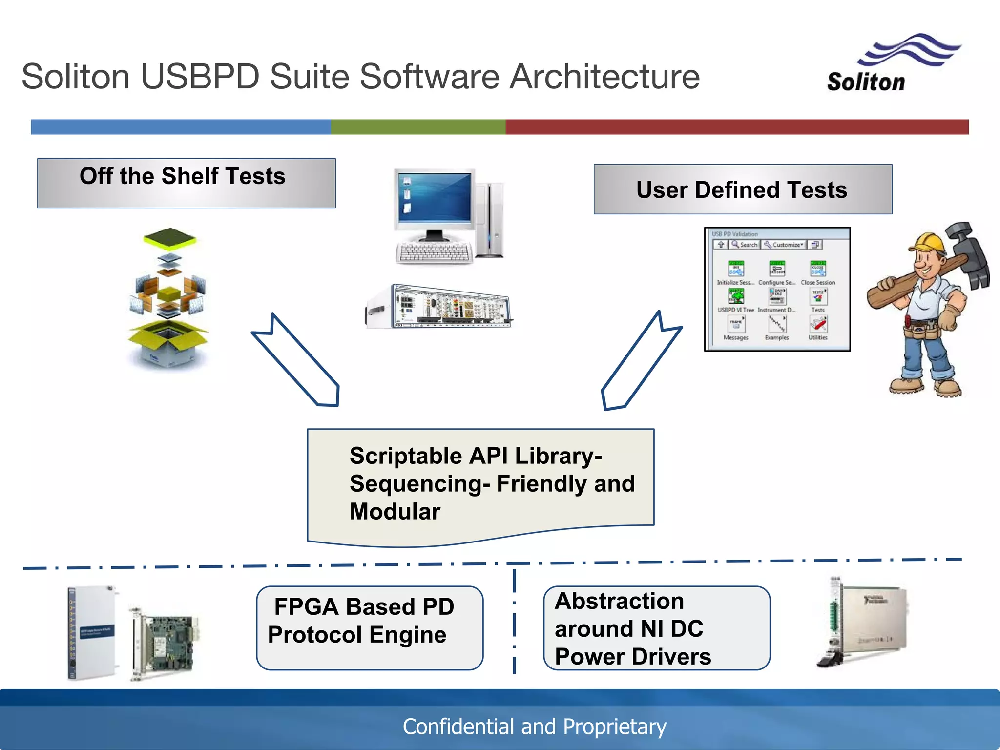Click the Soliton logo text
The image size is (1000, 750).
(865, 82)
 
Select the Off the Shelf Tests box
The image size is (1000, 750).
(186, 183)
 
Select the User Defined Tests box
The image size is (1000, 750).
(742, 189)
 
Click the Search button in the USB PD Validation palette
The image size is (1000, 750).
(744, 245)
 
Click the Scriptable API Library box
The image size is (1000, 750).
(481, 483)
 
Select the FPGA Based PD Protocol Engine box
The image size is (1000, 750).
(370, 628)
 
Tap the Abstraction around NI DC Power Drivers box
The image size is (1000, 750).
(656, 628)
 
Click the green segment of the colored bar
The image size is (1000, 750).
(418, 127)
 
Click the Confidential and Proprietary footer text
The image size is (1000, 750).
(534, 727)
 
